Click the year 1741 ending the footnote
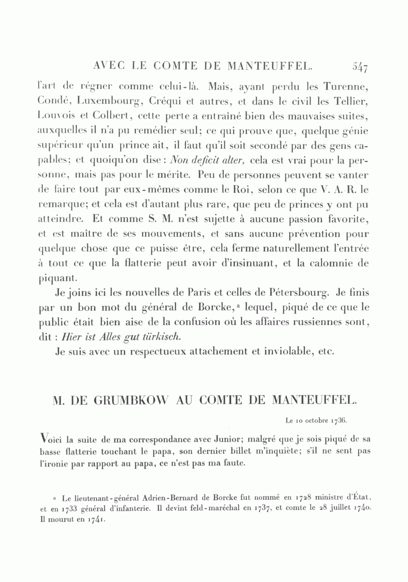[90, 518]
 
